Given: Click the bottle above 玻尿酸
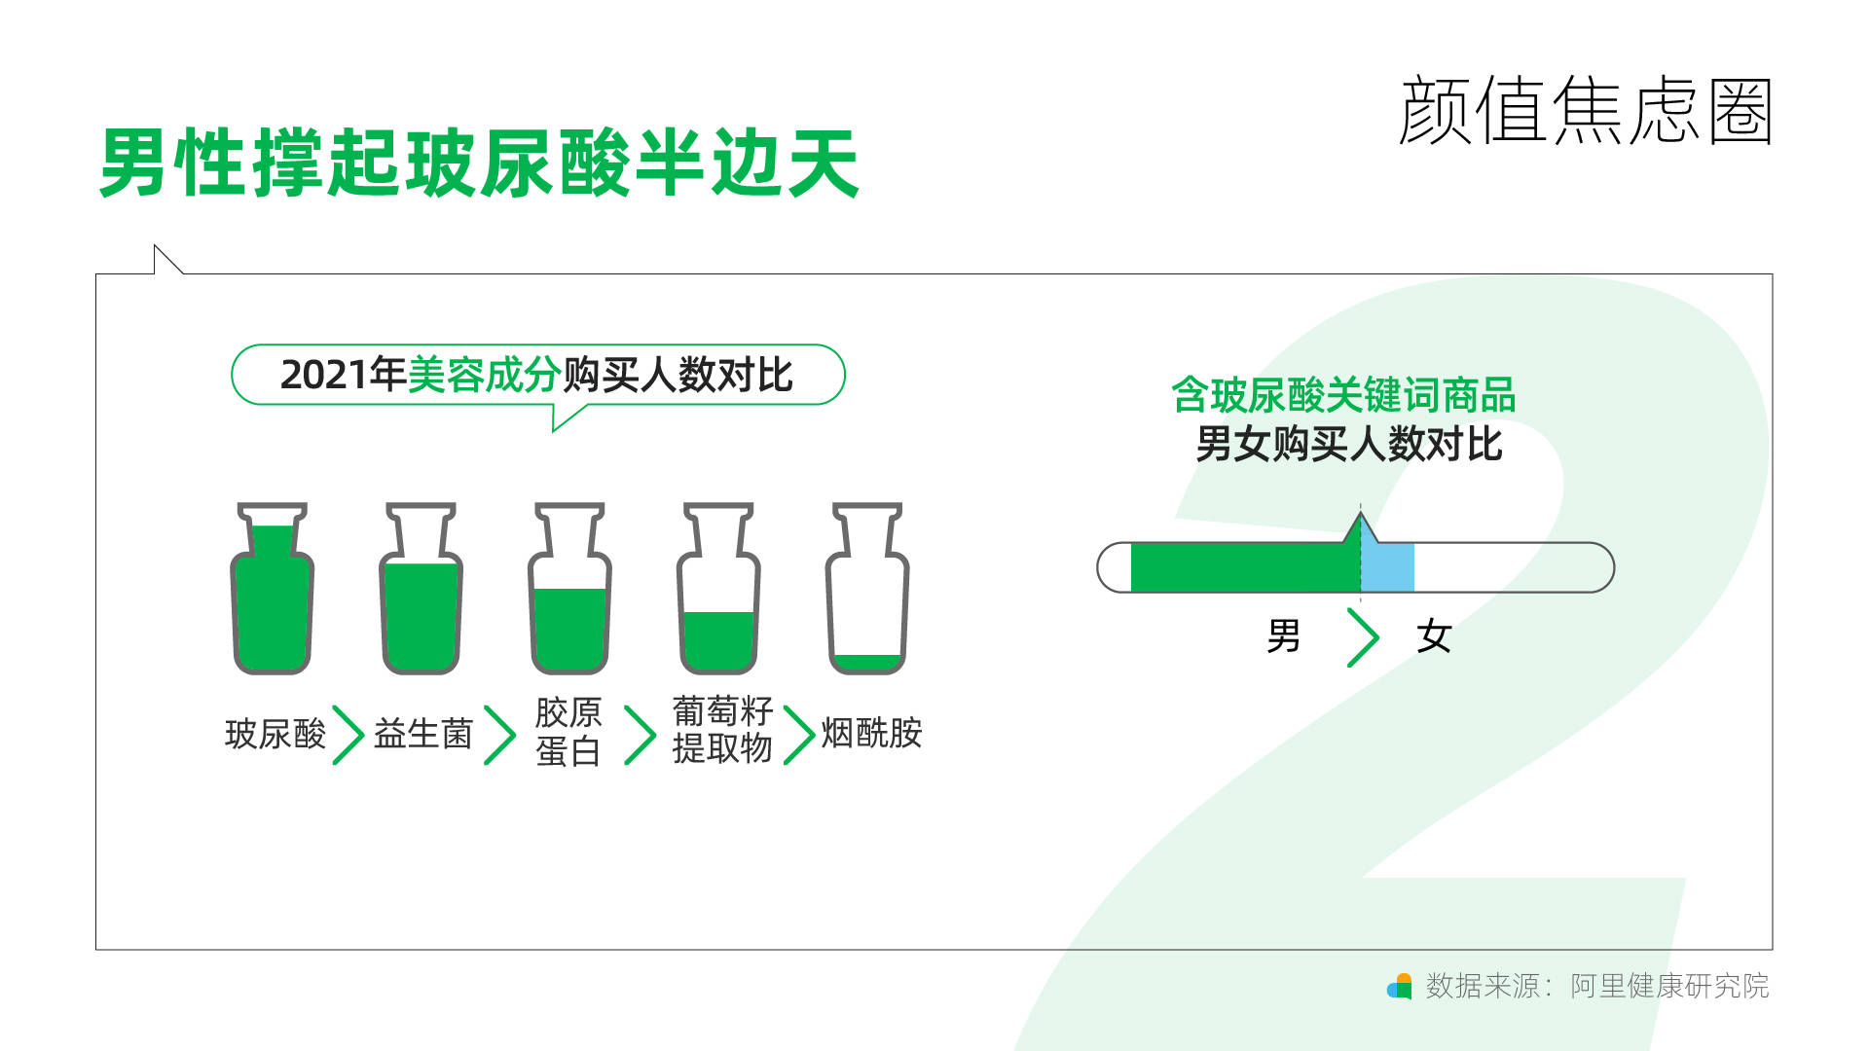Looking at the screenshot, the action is (272, 589).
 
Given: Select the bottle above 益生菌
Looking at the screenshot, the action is (421, 589).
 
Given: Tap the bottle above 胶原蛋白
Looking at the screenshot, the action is (569, 589).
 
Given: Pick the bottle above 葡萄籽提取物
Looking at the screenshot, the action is (718, 589).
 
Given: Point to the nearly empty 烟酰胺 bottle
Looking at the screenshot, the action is (867, 589).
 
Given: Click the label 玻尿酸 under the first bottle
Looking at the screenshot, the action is (275, 734).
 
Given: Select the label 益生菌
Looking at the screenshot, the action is (423, 734).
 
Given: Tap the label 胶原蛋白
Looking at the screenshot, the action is (568, 732).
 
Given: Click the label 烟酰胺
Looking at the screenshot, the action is (871, 733).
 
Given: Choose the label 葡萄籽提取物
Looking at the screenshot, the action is (722, 730).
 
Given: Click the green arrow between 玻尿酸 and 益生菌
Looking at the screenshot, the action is (348, 735).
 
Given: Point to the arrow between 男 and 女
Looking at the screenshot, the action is (1363, 637).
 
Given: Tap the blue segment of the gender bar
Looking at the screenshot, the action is (1387, 567).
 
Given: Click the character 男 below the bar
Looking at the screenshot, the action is (1284, 636).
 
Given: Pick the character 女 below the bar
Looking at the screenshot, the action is (1434, 636).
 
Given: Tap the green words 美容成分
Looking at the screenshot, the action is (484, 375).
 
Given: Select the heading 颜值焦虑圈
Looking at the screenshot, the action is (1586, 111).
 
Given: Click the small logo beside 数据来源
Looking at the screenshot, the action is (1399, 986).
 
